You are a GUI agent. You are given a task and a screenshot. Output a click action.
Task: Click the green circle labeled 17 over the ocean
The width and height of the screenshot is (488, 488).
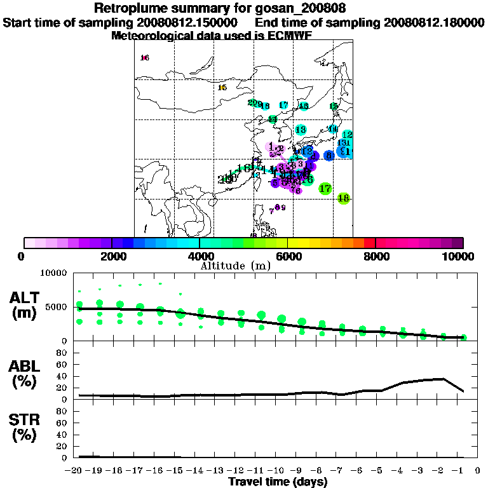click(325, 189)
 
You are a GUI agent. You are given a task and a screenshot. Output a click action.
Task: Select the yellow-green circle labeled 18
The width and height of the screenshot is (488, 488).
click(344, 198)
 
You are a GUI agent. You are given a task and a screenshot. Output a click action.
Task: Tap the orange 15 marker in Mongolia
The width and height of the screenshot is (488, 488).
click(222, 88)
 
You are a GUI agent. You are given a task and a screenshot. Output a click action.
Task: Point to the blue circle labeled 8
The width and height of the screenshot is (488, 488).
click(329, 155)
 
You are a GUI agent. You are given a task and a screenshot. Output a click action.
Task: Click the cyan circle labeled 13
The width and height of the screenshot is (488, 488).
click(301, 130)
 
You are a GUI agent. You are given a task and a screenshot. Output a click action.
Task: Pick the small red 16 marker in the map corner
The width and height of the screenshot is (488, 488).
click(145, 58)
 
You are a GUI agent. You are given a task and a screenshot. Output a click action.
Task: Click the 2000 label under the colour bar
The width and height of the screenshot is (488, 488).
click(112, 257)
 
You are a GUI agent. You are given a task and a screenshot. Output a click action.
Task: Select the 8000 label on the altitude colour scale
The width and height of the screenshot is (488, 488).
click(376, 257)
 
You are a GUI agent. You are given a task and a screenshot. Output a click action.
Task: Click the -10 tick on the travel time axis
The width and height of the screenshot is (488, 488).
click(278, 470)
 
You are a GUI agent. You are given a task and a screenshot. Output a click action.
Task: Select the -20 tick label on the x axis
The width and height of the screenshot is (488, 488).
click(75, 470)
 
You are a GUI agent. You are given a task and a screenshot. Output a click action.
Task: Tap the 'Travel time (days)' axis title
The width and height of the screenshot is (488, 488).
click(278, 482)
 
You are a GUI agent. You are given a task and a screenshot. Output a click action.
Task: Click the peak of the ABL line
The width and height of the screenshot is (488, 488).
click(443, 379)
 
